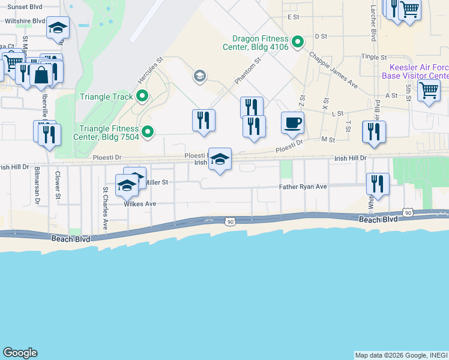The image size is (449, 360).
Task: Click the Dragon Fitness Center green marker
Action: click(x=297, y=42)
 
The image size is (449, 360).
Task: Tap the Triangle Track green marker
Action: click(x=142, y=96)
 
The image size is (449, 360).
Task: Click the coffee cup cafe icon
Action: click(x=292, y=123)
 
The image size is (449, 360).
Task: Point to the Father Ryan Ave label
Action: click(x=303, y=187)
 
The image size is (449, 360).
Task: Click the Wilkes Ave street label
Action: click(x=140, y=204)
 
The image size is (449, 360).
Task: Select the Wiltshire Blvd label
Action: click(x=25, y=20)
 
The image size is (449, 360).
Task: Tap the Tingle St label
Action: click(x=373, y=56)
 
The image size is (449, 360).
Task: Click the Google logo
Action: click(x=20, y=353)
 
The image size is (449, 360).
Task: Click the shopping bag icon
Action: click(x=41, y=75)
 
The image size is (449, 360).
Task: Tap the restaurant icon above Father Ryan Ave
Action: click(x=378, y=184)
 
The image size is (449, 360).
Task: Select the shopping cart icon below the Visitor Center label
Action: click(x=429, y=91)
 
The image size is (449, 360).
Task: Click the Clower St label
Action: click(x=58, y=186)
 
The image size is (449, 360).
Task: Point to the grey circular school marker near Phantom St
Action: click(x=199, y=76)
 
